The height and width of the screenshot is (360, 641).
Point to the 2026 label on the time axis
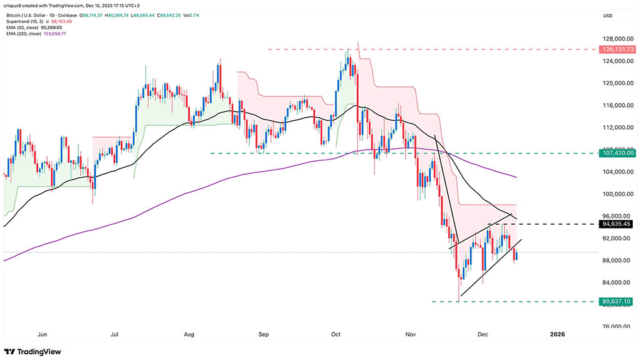coord(557,334)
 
